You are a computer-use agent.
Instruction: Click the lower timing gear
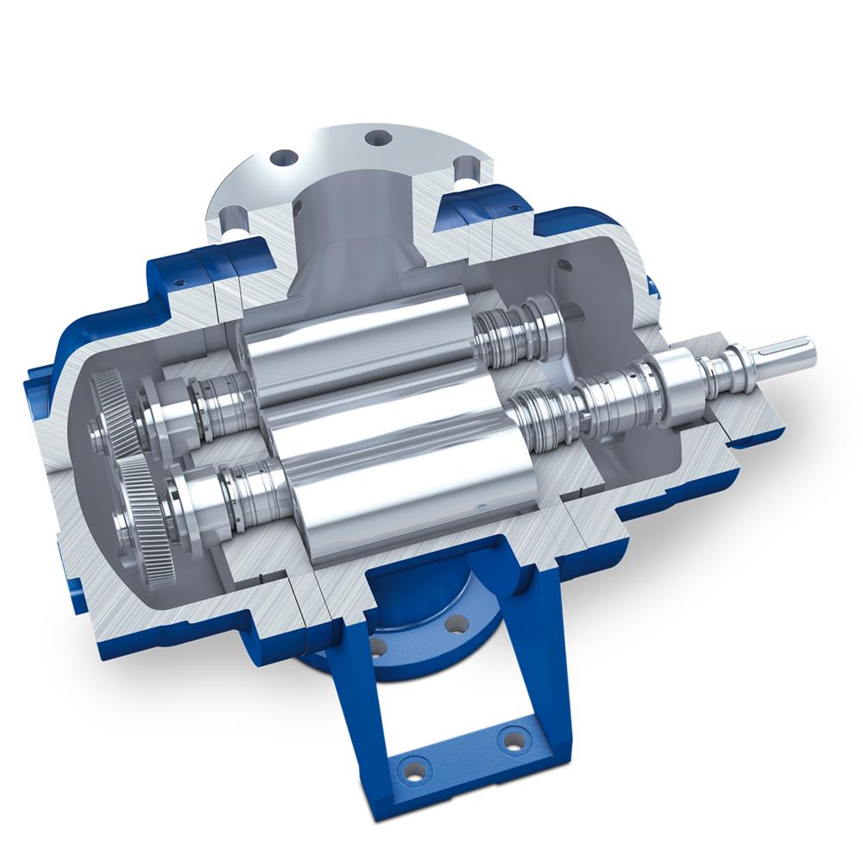(x=138, y=509)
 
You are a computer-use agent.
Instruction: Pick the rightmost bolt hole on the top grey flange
(x=466, y=164)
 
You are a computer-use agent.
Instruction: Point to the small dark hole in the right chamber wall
(x=565, y=266)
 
